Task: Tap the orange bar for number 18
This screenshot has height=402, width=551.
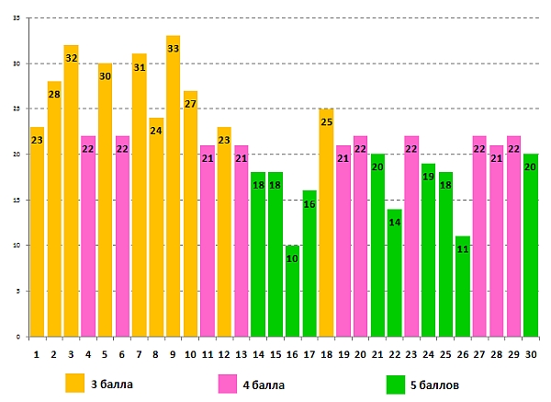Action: click(x=326, y=230)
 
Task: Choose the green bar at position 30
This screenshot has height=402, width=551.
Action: click(x=530, y=248)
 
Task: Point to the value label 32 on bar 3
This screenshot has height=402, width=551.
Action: click(x=71, y=58)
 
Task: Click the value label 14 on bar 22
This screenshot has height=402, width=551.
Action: click(x=394, y=223)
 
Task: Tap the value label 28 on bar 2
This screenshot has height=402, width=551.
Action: click(x=53, y=95)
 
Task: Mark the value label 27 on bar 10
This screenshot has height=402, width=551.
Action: click(x=190, y=104)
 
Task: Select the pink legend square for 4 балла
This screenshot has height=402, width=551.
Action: click(x=227, y=382)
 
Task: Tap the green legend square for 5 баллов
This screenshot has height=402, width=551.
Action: click(x=396, y=382)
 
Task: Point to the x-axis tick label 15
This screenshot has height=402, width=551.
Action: click(x=275, y=352)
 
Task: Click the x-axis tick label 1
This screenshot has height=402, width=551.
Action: click(x=37, y=352)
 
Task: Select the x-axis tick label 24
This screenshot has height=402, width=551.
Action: click(x=428, y=352)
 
